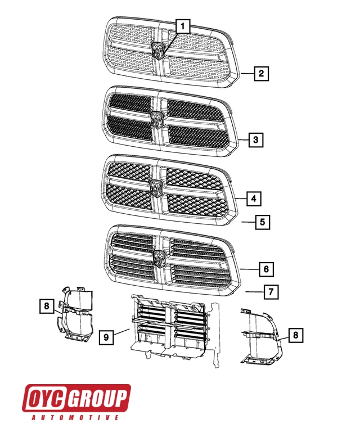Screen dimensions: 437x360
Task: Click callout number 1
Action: pyautogui.click(x=182, y=25)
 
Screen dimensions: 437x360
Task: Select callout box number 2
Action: pyautogui.click(x=261, y=73)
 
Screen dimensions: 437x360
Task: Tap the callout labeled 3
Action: pyautogui.click(x=255, y=139)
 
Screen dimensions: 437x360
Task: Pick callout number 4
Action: pyautogui.click(x=254, y=199)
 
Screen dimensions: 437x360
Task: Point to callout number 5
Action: pyautogui.click(x=262, y=222)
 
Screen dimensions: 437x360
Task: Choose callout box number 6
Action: pyautogui.click(x=266, y=269)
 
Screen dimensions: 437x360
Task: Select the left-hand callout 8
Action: pyautogui.click(x=46, y=307)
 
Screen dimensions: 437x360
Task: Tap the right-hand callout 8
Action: pyautogui.click(x=296, y=336)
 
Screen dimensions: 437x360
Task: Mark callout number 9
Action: pyautogui.click(x=106, y=337)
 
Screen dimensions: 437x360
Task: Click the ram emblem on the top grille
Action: pyautogui.click(x=159, y=49)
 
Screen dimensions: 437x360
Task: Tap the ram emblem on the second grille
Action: pyautogui.click(x=158, y=119)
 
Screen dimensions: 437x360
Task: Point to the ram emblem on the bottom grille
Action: pyautogui.click(x=160, y=258)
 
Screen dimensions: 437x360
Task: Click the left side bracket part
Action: pyautogui.click(x=76, y=315)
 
